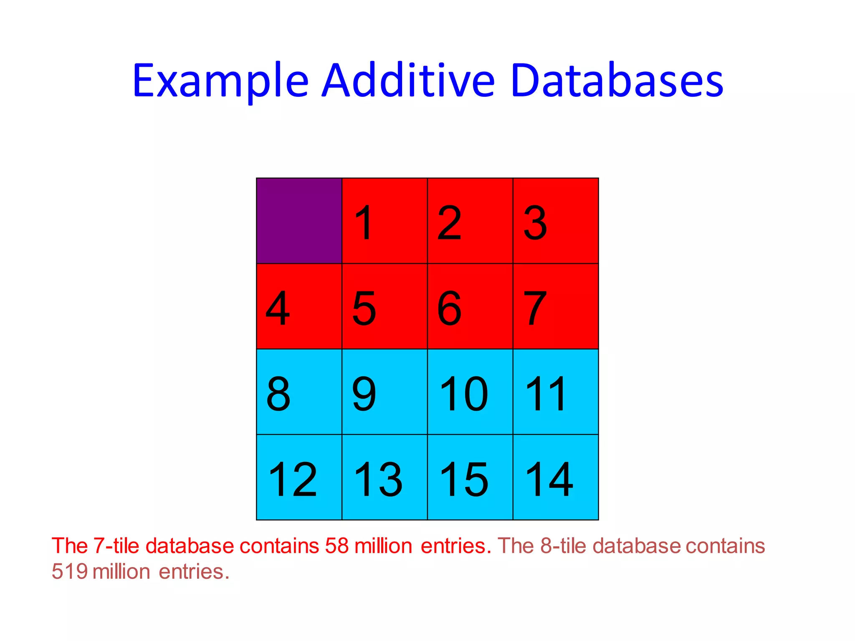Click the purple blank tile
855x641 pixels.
pos(299,221)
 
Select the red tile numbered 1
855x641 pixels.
pos(384,221)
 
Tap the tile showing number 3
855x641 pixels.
pos(556,221)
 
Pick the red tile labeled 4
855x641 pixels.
pos(299,306)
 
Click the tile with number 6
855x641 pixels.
pos(470,306)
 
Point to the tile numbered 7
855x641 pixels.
pos(556,306)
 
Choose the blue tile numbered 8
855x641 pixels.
pos(299,392)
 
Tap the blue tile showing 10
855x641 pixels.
pos(470,392)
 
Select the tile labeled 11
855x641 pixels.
pos(556,392)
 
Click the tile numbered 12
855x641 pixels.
pos(299,477)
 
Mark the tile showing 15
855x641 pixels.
pos(470,477)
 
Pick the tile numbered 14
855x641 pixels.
pos(556,477)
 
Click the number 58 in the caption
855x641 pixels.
pos(336,546)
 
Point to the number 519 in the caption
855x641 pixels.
pos(69,572)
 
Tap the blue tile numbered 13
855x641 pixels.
pos(384,477)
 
